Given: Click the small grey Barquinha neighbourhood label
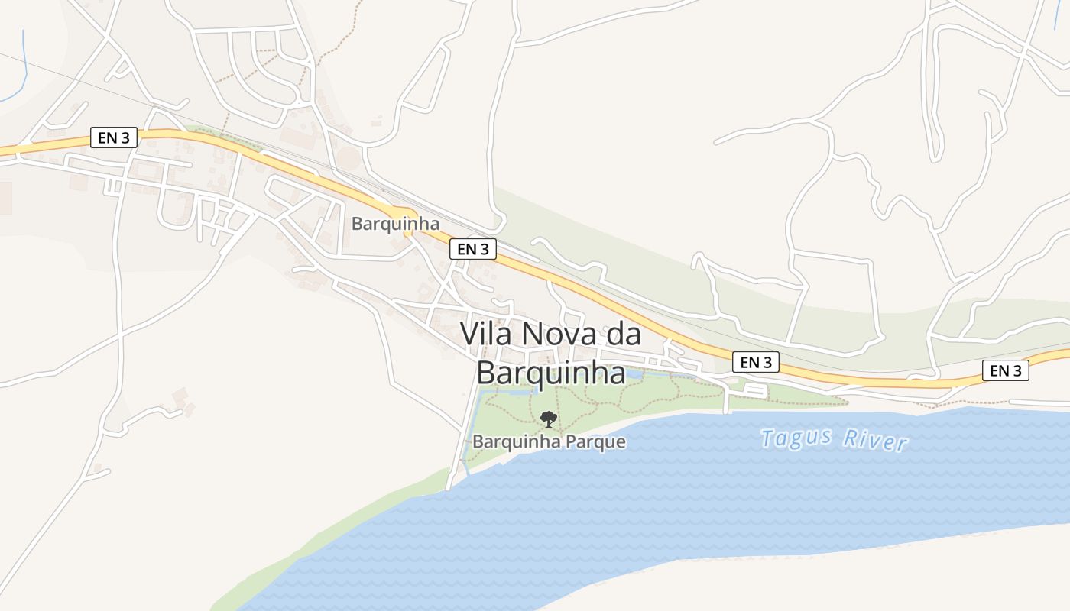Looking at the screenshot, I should click(395, 224).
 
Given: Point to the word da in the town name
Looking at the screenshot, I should click(622, 335).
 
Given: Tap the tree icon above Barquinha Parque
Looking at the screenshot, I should click(548, 419).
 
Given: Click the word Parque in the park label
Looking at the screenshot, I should click(596, 442).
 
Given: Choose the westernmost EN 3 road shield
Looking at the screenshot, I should click(114, 137).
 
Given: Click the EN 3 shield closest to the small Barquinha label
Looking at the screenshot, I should click(473, 248).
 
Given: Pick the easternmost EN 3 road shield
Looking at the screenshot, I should click(1005, 370).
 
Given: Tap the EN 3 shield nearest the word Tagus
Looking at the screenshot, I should click(756, 362).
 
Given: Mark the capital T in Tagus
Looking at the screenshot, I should click(767, 436).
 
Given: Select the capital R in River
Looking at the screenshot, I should click(850, 438).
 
